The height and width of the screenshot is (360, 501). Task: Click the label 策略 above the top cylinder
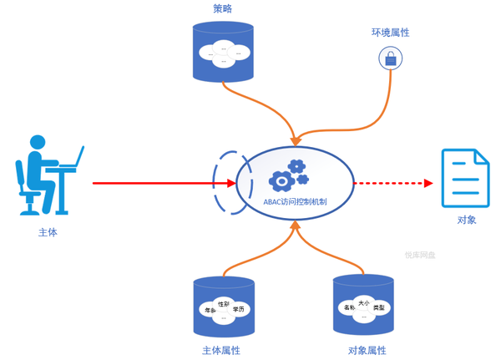tap(223, 9)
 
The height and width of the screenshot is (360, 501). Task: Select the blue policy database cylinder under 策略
tap(223, 52)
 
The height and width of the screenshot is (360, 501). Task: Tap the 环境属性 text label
tap(390, 33)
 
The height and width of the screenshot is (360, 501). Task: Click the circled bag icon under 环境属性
tap(391, 58)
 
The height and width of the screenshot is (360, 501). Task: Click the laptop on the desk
tap(75, 159)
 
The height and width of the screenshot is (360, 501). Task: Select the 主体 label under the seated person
tap(48, 232)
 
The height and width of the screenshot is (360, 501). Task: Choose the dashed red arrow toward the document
tap(392, 183)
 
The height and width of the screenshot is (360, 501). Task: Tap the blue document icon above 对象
tap(465, 178)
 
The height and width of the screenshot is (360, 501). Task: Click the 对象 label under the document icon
tap(467, 220)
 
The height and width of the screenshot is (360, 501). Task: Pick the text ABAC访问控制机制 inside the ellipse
tap(295, 201)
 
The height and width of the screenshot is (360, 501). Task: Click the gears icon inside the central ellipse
tap(289, 175)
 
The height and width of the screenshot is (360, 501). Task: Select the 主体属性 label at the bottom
tap(221, 350)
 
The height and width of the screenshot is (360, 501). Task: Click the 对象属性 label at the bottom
tap(367, 350)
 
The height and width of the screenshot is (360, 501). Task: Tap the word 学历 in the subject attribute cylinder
tap(239, 310)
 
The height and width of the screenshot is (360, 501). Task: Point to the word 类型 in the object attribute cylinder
tap(379, 308)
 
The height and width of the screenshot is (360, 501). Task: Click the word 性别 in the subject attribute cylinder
tap(223, 304)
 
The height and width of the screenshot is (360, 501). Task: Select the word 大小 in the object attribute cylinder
tap(364, 302)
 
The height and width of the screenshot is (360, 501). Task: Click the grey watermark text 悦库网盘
tap(420, 255)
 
